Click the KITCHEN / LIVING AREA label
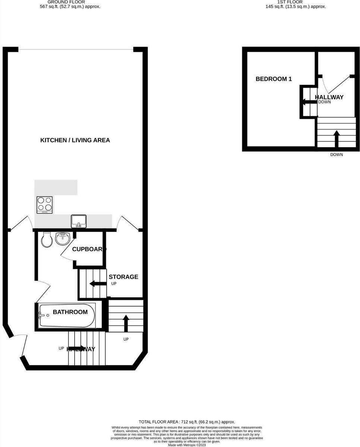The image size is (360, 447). (x=75, y=140)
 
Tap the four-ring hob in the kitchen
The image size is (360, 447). (x=44, y=205)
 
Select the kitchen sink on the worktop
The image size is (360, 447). (x=79, y=221)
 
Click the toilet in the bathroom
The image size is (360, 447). (x=47, y=240)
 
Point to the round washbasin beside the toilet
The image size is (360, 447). (x=63, y=238)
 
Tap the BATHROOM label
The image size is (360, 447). (x=70, y=312)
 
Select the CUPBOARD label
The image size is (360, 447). (x=89, y=249)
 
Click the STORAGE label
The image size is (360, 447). (x=123, y=277)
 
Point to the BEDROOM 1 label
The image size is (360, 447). (x=274, y=79)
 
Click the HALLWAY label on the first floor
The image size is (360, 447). (x=329, y=97)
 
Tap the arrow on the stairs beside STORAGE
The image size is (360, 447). (x=97, y=284)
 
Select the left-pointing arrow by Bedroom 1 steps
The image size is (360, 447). (x=309, y=101)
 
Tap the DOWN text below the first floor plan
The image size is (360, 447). (x=337, y=155)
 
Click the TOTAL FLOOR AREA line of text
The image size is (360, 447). (x=187, y=422)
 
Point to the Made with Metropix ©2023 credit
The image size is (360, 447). (x=187, y=445)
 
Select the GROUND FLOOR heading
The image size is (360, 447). (x=66, y=2)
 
